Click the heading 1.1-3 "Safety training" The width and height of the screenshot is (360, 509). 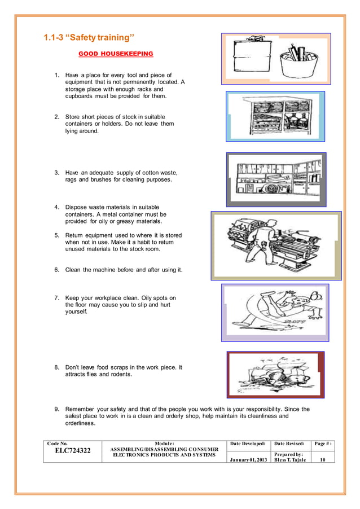89,38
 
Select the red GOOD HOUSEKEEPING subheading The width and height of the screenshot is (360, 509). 115,54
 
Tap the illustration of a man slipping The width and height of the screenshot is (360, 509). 274,312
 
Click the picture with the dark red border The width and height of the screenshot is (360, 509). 275,375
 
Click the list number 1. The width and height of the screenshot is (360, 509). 56,75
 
